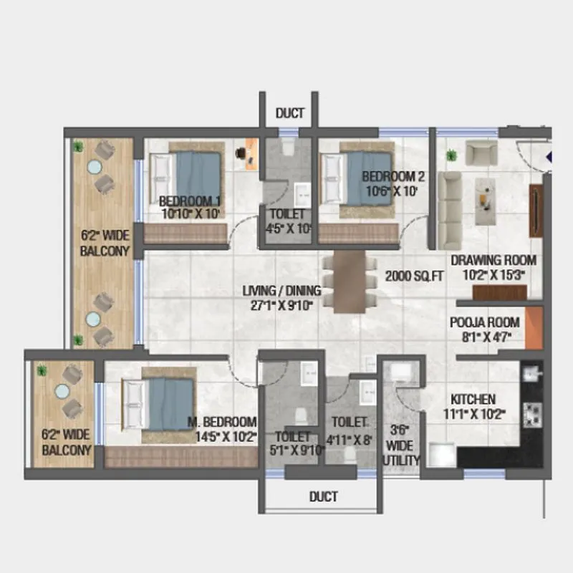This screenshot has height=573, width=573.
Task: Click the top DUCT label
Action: coord(290,112)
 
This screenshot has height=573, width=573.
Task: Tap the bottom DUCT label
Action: coord(324,496)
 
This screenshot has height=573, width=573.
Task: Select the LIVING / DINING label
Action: coord(281,297)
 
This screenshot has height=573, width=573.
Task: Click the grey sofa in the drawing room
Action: coord(450,209)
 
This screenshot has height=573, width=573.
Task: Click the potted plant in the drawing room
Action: coord(451,155)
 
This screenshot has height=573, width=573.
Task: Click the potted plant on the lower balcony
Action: coord(42,370)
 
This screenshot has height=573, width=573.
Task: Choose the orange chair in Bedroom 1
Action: coord(251,152)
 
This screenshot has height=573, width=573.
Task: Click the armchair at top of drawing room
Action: coord(481,152)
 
